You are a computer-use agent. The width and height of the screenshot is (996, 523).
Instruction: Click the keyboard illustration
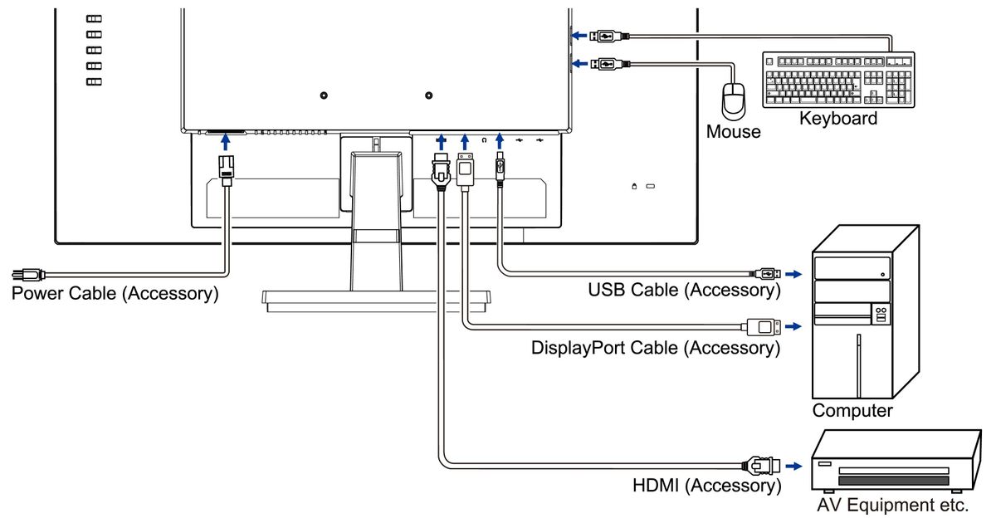pos(838,80)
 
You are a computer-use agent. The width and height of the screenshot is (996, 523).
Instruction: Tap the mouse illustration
pos(735,100)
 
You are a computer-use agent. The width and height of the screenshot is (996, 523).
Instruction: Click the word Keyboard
pos(838,119)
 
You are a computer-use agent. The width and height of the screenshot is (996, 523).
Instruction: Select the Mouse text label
pos(733,132)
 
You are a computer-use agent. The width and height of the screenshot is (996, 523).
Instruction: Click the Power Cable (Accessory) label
pos(115,293)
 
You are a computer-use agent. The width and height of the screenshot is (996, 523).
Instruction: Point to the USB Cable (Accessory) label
pos(684,290)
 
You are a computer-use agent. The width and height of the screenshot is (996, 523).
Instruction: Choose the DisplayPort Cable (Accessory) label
pos(655,348)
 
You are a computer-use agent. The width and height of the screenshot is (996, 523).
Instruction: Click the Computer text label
pos(852,411)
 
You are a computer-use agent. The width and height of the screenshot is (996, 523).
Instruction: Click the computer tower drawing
pos(863,315)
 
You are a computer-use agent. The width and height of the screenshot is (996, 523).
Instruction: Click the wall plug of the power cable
pos(24,275)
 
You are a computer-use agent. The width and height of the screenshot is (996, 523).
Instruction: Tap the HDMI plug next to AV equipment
pos(759,466)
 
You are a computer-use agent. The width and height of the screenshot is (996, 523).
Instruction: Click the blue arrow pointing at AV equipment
pos(794,466)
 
